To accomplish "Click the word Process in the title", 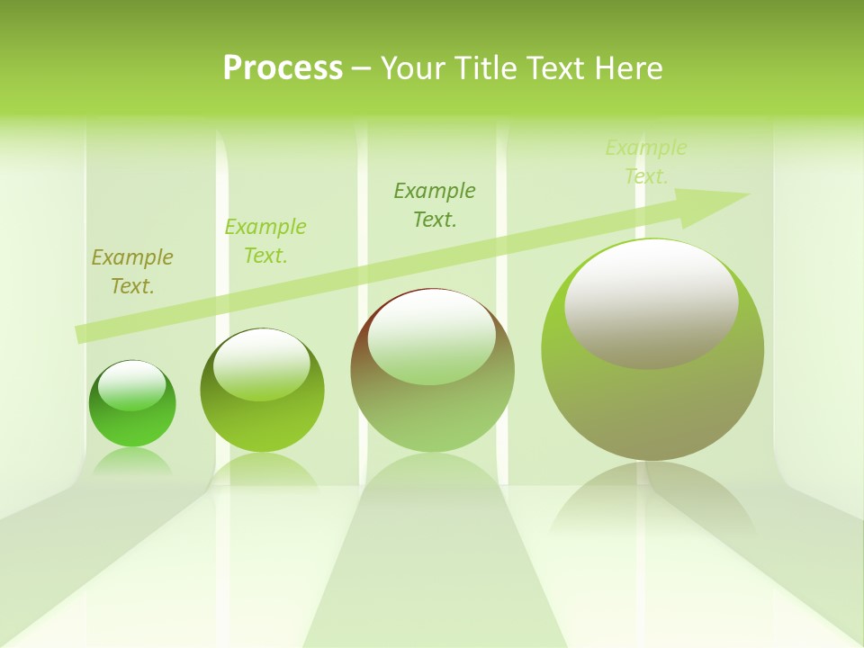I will tap(283, 68).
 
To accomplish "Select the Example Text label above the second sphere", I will tap(265, 241).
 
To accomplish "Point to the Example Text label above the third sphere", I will tap(435, 204).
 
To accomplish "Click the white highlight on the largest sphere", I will tap(652, 301).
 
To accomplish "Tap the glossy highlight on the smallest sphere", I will tap(132, 385).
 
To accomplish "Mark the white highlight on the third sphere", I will tap(432, 337).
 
